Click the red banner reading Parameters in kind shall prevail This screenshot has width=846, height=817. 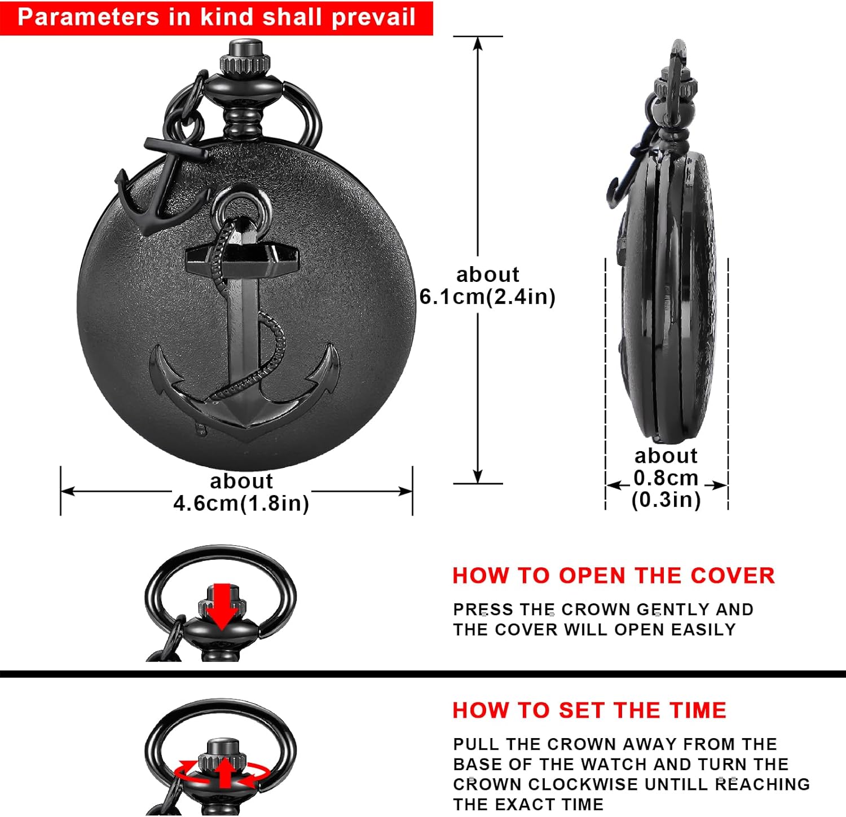click(217, 17)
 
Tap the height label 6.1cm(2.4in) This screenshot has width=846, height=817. click(487, 297)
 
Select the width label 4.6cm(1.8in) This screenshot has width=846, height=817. click(241, 503)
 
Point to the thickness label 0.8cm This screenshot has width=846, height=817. click(666, 478)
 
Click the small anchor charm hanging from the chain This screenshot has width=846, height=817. click(161, 186)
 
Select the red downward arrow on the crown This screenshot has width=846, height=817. click(222, 606)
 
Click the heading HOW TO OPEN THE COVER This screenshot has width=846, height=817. click(614, 576)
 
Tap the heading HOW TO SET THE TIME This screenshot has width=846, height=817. click(589, 710)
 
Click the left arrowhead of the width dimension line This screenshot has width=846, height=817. click(67, 491)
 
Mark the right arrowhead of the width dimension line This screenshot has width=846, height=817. click(407, 491)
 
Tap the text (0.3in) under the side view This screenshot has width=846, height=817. click(666, 500)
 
